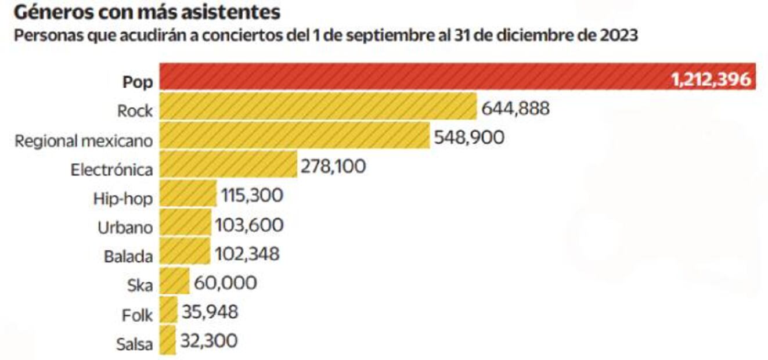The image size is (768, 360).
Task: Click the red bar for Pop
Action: (x=406, y=77)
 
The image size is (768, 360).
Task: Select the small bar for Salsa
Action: (x=167, y=340)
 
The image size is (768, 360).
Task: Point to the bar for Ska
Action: (x=174, y=282)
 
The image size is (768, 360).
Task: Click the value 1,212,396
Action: (x=712, y=80)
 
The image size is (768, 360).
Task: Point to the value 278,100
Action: (x=333, y=167)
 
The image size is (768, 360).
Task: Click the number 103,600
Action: (x=249, y=225)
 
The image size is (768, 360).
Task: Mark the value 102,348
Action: (x=247, y=254)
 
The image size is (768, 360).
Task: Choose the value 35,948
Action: (x=210, y=312)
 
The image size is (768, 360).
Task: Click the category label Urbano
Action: (x=125, y=227)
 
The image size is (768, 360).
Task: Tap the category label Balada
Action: (x=128, y=256)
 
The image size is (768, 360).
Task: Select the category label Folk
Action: (x=138, y=315)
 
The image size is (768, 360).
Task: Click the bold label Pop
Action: (x=138, y=82)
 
